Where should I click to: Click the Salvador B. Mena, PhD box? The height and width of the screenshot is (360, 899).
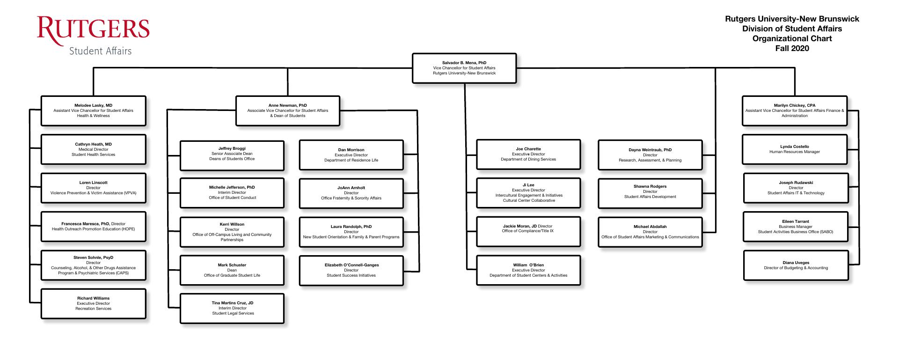tap(464, 68)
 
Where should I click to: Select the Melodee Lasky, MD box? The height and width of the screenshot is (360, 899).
tap(93, 111)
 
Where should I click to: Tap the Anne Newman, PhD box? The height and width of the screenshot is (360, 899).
tap(288, 111)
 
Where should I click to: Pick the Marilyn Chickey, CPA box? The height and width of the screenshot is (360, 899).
tap(794, 111)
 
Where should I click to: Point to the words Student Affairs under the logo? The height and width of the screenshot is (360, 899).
tap(100, 51)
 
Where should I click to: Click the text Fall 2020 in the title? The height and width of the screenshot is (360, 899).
tap(792, 48)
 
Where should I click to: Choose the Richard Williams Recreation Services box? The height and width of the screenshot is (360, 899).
tap(93, 304)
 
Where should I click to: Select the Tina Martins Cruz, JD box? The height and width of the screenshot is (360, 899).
tap(232, 309)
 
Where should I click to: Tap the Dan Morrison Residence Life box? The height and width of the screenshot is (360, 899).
tap(351, 155)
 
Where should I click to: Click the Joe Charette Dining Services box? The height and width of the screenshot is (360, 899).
tap(528, 154)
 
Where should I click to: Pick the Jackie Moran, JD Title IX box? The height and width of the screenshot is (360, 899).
tap(528, 231)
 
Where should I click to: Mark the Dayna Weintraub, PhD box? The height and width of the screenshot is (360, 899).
tap(650, 155)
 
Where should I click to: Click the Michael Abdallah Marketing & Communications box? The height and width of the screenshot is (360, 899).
tap(650, 232)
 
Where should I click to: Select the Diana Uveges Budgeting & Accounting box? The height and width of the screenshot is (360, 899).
tap(796, 265)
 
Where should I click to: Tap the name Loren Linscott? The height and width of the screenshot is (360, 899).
tap(93, 183)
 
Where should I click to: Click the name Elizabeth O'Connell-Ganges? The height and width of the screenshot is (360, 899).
tap(351, 265)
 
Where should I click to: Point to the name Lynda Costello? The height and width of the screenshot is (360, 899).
tap(794, 147)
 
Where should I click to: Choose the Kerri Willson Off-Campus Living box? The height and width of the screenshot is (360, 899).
tap(232, 232)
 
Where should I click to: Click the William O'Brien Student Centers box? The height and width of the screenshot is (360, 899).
tap(528, 270)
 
